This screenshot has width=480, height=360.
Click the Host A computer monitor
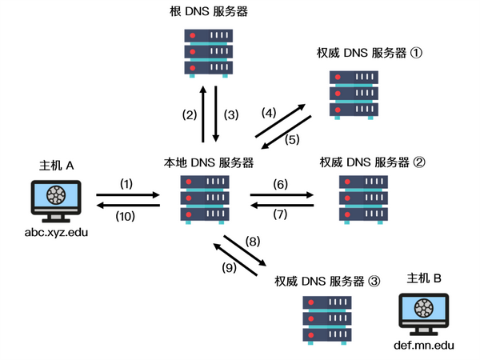57,201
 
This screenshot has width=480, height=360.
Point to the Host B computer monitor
423,314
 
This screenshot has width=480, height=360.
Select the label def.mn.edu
424,346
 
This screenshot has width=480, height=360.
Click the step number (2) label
189,114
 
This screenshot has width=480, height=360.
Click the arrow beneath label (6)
282,194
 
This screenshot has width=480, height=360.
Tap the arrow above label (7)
282,206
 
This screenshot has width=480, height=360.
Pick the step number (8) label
254,240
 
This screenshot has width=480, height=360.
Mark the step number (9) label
229,268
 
